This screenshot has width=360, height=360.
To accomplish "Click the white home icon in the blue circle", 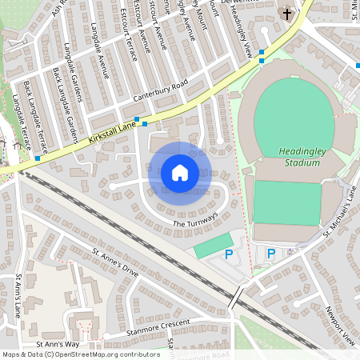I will click(x=180, y=173).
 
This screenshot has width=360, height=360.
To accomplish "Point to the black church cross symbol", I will click(x=286, y=14).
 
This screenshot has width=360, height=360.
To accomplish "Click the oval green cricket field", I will click(x=290, y=112).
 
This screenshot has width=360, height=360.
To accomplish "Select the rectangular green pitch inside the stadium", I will click(x=286, y=202).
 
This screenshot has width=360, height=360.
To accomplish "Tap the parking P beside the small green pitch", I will click(x=229, y=254).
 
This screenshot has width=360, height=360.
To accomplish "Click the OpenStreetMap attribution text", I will click(x=81, y=354).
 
